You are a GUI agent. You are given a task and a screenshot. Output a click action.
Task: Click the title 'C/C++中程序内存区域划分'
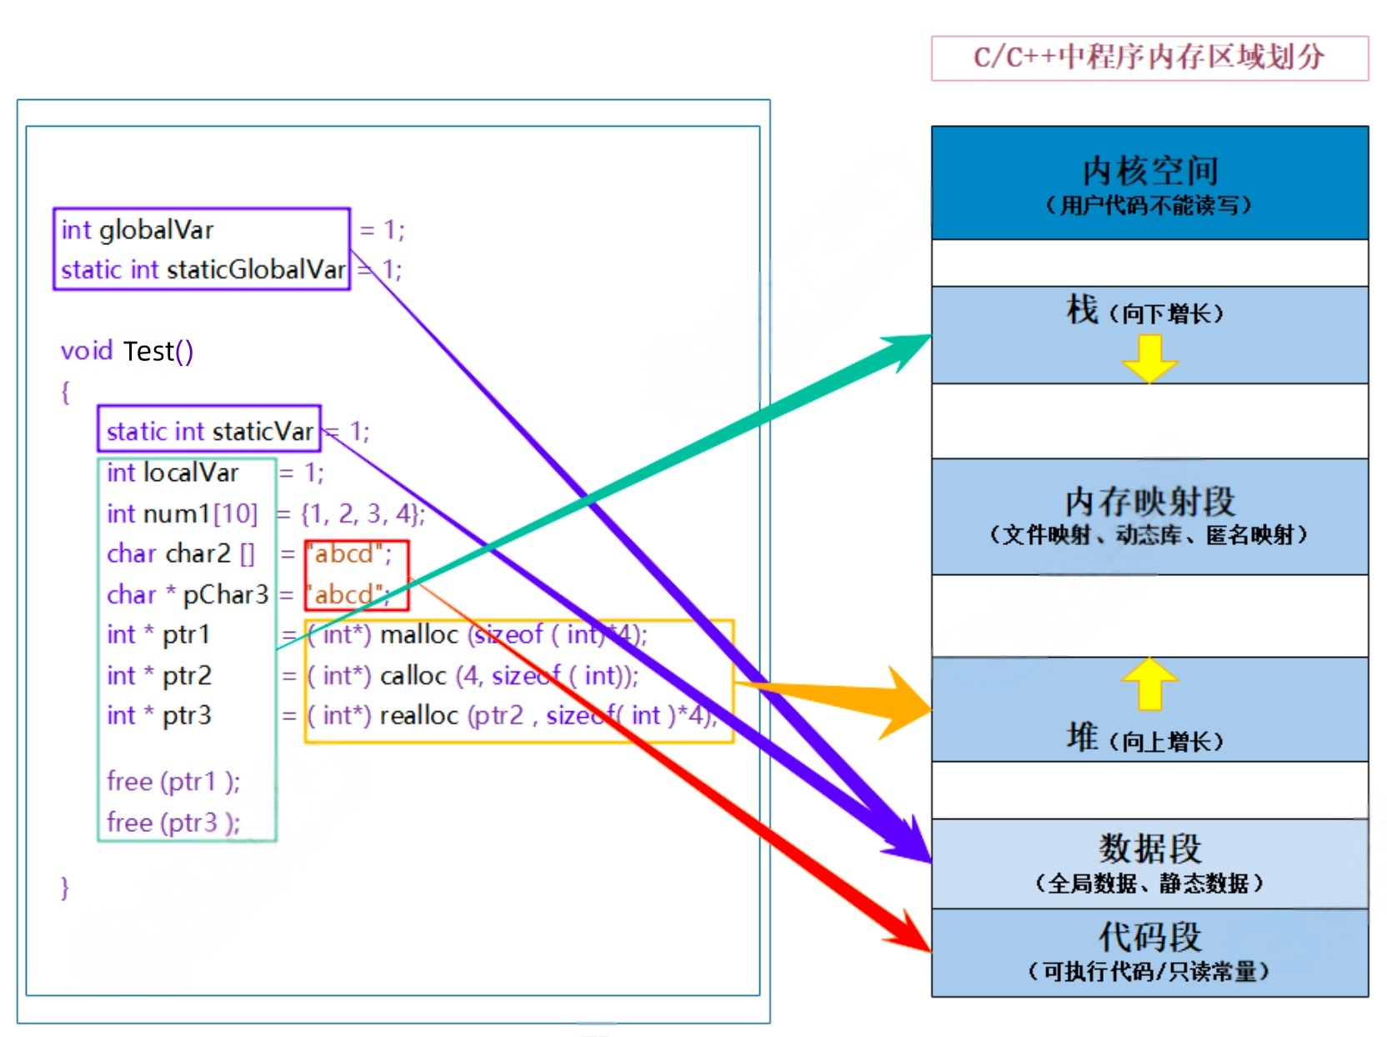(1149, 57)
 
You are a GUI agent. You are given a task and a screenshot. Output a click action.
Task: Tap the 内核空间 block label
(1149, 171)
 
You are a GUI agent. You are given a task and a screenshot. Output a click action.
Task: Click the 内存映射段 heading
(1149, 502)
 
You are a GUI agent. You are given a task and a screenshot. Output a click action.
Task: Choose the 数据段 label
(1149, 849)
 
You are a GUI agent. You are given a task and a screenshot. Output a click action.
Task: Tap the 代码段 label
(1149, 937)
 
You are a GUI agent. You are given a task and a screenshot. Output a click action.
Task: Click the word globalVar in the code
(157, 230)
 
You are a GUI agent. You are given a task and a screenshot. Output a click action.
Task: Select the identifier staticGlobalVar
(256, 270)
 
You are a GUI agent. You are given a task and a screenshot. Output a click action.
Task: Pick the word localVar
(191, 473)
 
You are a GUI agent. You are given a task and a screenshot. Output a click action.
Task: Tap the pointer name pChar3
(225, 594)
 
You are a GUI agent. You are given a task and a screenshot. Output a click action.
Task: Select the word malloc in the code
(419, 634)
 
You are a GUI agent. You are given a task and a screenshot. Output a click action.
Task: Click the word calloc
(413, 675)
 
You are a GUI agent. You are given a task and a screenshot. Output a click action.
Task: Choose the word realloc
(419, 715)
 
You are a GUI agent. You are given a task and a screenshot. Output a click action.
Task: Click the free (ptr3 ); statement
(173, 823)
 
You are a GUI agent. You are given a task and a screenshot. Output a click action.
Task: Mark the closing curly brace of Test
(65, 887)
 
